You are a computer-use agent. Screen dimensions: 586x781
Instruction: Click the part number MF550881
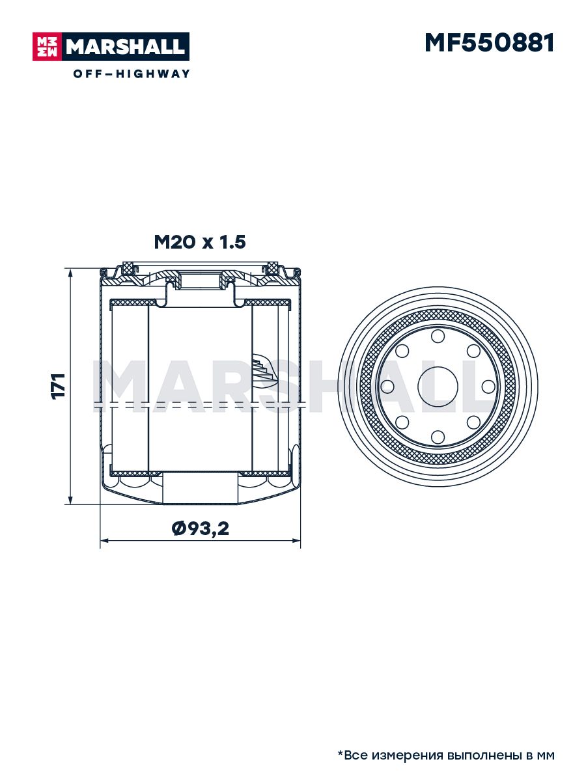(489, 43)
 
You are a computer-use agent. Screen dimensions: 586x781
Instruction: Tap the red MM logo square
(48, 47)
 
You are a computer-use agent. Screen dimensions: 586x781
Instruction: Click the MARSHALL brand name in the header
(126, 47)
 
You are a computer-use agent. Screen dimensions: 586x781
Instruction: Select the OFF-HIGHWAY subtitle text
(132, 74)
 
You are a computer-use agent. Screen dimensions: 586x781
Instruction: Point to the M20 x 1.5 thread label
(200, 242)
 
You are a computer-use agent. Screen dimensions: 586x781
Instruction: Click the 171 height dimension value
(59, 387)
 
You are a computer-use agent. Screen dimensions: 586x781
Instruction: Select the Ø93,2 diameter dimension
(201, 528)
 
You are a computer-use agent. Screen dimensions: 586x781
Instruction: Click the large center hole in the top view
(438, 387)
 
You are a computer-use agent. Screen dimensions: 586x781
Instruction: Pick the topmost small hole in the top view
(438, 336)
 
